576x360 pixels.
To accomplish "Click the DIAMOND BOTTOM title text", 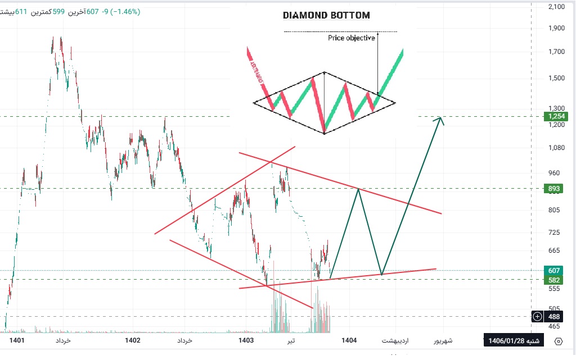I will tap(326, 16).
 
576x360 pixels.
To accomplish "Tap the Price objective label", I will tap(351, 38).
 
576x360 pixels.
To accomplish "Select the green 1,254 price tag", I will tap(553, 116).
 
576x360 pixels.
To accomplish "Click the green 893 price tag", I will tap(553, 189).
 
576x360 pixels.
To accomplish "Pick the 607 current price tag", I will tap(553, 270).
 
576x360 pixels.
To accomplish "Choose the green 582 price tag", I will tap(553, 280).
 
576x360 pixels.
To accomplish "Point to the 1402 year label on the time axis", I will tap(133, 340).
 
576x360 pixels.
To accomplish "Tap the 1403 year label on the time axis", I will tap(246, 340).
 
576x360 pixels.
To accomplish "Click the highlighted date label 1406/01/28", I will tap(514, 340).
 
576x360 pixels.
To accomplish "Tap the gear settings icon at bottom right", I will tap(559, 341).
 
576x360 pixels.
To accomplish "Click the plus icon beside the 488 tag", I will tap(538, 317).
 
